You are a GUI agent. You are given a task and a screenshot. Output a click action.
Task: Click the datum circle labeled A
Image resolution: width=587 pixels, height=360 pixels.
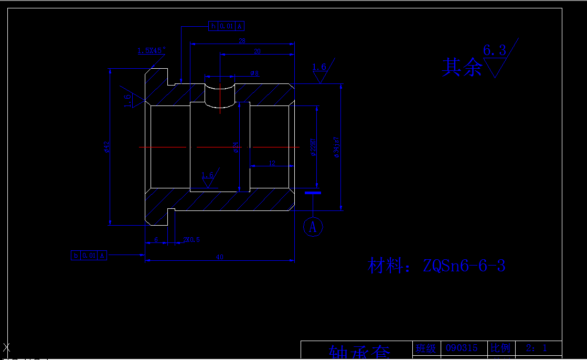click(313, 227)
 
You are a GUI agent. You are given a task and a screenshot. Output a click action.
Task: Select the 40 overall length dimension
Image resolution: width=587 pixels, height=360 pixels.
click(220, 257)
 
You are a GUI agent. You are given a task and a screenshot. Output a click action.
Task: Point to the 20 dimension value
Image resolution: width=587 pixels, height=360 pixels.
click(257, 51)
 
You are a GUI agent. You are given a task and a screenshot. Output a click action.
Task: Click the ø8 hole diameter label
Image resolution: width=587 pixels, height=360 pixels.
click(255, 73)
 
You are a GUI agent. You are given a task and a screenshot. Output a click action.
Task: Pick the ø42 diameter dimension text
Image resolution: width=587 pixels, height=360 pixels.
click(106, 147)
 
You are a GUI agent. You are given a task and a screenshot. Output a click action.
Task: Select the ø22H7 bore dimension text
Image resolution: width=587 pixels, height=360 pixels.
click(313, 147)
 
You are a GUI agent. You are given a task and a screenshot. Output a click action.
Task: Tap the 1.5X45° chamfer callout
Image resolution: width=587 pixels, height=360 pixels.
click(151, 51)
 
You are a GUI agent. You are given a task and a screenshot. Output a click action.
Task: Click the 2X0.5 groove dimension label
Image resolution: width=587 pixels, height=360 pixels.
click(191, 239)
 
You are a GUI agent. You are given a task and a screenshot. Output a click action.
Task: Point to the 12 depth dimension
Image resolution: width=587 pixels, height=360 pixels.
click(272, 163)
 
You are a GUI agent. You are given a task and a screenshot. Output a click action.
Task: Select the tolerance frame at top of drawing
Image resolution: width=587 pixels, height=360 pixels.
click(226, 26)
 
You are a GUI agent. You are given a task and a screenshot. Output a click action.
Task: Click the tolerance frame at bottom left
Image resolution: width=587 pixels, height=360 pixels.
click(89, 256)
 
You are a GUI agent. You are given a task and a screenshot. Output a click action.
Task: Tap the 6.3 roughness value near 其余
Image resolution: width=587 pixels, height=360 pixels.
click(494, 51)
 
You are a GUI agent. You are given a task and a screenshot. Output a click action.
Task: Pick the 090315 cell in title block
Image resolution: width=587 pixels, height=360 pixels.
click(462, 348)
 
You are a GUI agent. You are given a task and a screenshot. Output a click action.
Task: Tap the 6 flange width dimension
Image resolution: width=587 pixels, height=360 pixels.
click(156, 239)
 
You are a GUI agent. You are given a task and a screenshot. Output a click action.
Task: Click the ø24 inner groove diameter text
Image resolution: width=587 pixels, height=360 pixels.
click(236, 147)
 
